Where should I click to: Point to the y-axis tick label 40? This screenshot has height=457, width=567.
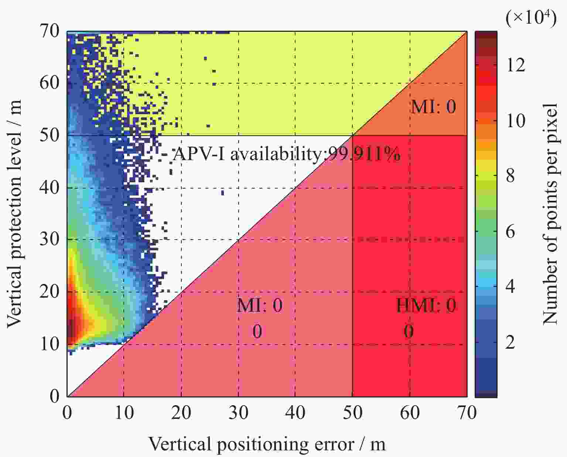click(x=49, y=187)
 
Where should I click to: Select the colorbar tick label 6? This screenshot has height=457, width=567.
click(x=510, y=232)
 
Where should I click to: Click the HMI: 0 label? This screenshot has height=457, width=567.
click(x=426, y=305)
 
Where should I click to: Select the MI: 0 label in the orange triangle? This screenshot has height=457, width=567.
click(x=433, y=107)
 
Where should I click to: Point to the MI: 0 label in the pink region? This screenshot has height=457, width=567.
click(x=260, y=305)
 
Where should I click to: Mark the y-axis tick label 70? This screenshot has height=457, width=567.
click(x=49, y=32)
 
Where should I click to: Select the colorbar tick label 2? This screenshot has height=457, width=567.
click(x=510, y=343)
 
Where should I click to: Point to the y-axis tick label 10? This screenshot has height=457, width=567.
click(x=49, y=344)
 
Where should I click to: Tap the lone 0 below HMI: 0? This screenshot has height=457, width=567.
click(x=408, y=331)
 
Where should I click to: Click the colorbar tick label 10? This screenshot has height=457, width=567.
click(x=515, y=121)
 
